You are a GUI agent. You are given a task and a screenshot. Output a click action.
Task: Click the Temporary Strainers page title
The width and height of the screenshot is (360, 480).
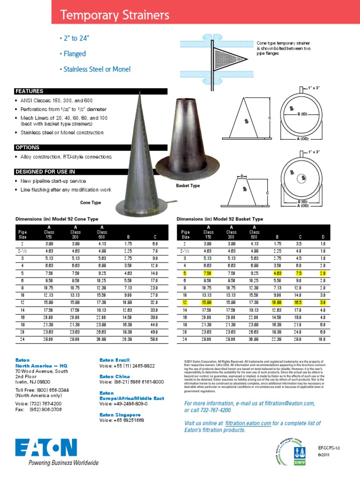click(115, 16)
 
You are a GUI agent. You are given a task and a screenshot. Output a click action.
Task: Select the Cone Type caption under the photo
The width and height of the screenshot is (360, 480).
click(91, 202)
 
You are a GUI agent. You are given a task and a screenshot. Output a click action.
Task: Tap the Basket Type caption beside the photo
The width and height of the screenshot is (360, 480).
click(188, 186)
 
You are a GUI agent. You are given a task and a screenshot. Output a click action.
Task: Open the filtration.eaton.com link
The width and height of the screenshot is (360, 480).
click(248, 423)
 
